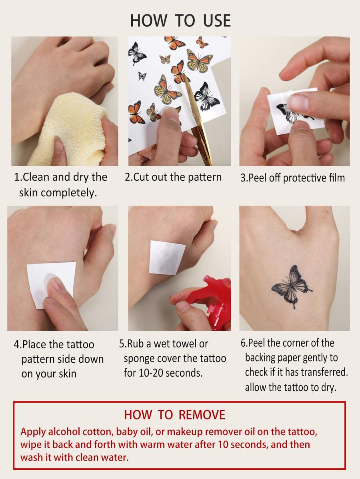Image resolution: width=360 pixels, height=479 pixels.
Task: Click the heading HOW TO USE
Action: pyautogui.click(x=180, y=20)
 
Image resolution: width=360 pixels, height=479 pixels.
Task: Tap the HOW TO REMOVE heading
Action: pyautogui.click(x=174, y=415)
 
